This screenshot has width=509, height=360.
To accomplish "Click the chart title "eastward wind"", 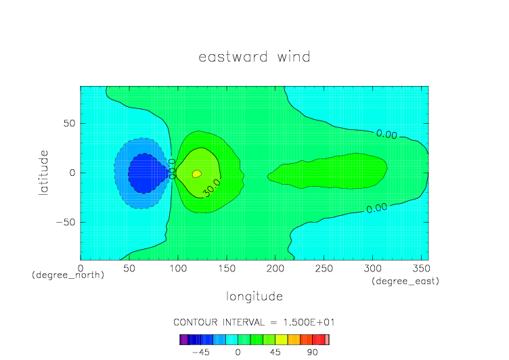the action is (x=255, y=57).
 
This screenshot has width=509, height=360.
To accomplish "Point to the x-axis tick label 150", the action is (x=227, y=269).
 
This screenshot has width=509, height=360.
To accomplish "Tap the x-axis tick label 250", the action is (x=324, y=269).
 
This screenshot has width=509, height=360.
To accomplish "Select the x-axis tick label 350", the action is (x=422, y=269).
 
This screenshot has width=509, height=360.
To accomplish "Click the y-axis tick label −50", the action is (x=66, y=223).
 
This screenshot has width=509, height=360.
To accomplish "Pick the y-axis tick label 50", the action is (x=70, y=123).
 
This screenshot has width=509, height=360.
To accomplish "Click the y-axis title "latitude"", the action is (x=43, y=173).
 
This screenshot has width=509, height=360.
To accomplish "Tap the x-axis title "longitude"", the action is (x=255, y=296).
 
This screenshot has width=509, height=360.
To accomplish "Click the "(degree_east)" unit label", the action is (x=405, y=281).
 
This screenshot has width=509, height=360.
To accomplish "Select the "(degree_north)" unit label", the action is (x=68, y=275).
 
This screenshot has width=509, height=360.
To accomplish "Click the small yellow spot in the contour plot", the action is (x=197, y=174).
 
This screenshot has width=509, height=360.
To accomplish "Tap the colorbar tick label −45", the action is (x=200, y=353).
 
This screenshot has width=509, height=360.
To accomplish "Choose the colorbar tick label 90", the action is (x=312, y=353).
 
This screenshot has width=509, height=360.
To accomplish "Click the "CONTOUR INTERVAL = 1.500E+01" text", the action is (x=254, y=323).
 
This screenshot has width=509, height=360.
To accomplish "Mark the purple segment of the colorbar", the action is (x=183, y=340).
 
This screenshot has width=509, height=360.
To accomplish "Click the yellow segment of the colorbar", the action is (x=281, y=340).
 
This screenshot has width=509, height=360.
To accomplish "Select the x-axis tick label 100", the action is (x=178, y=269).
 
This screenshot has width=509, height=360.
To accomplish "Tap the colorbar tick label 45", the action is (x=275, y=353).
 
